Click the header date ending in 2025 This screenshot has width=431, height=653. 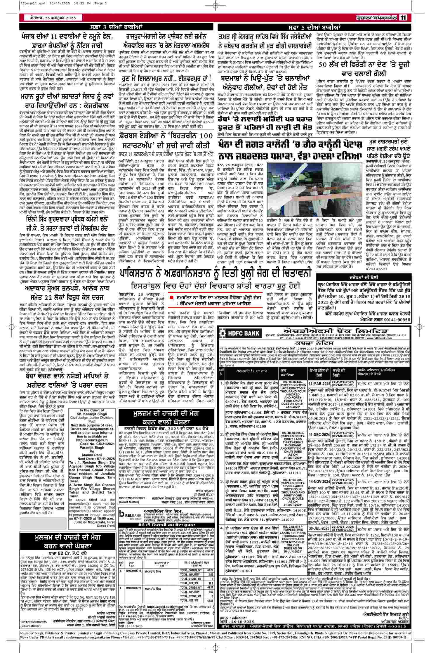tap(53, 18)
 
